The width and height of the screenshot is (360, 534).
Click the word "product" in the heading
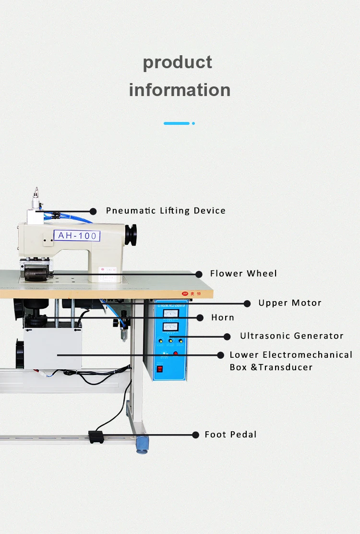tap(178, 63)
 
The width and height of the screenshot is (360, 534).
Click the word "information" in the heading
tap(180, 90)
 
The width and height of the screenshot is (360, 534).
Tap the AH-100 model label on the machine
tap(77, 236)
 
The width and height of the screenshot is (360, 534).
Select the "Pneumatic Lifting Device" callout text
tap(166, 211)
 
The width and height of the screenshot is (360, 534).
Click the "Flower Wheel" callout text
tap(243, 274)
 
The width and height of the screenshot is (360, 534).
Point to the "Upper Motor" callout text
tap(290, 303)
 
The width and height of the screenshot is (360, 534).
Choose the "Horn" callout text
tap(223, 317)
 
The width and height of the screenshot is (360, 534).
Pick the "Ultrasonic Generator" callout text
tap(292, 336)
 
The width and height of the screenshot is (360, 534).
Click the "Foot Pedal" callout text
tap(230, 435)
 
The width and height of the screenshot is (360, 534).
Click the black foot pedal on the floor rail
tap(96, 437)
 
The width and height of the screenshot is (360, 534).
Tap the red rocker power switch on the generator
tap(160, 369)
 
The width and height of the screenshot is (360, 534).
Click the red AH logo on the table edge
tap(184, 293)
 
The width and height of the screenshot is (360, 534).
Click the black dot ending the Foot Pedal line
tap(196, 435)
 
